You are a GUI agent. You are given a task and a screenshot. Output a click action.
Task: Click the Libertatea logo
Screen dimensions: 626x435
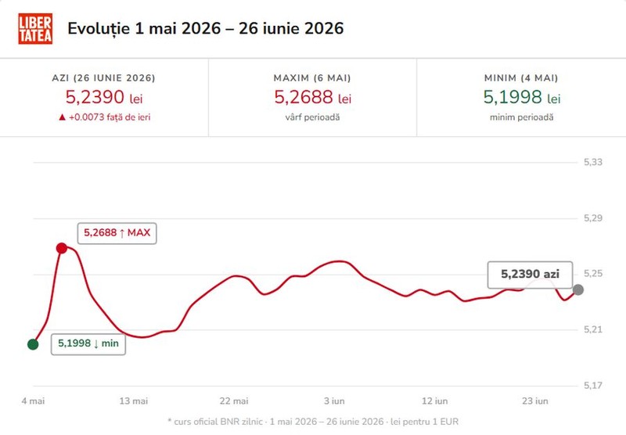point(35,29)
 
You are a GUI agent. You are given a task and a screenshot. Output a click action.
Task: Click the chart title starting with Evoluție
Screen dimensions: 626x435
point(206,28)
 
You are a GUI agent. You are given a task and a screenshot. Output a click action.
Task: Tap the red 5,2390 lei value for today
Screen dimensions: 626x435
point(104,97)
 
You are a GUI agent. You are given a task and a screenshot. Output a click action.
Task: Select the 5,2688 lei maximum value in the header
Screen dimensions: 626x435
point(312,97)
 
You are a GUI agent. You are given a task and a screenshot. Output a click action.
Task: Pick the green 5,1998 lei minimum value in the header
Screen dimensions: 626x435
point(521,97)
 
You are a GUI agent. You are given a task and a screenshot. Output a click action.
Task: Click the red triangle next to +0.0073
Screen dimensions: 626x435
point(62,117)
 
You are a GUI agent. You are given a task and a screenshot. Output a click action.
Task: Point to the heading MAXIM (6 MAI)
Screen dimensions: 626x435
point(312,77)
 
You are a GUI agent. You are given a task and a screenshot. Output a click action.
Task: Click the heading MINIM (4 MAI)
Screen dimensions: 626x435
point(521,77)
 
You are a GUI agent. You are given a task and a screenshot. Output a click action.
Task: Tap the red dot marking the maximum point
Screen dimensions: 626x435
point(62,248)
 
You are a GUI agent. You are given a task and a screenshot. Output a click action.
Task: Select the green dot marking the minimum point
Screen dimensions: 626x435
point(33,344)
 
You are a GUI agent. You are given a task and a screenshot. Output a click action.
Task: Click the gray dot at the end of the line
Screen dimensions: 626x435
point(578,289)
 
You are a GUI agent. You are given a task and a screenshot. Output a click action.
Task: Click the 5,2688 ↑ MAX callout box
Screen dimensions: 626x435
point(117,233)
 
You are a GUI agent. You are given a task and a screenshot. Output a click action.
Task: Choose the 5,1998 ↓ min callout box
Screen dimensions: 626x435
point(88,344)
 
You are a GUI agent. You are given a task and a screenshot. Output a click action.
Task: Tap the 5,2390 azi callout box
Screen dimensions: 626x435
point(531,275)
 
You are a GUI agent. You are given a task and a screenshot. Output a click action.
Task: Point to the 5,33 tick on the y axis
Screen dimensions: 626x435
point(593,162)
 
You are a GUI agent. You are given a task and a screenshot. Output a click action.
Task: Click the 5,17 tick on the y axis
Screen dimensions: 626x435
point(593,386)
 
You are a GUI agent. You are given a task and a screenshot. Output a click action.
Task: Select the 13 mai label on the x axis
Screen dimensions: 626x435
point(133,401)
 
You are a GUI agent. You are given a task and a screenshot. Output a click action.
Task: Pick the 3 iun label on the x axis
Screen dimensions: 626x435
point(334,401)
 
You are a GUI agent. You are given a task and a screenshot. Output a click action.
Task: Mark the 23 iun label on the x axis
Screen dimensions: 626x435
point(535,401)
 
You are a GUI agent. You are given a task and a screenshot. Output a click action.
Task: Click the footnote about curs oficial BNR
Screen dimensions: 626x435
point(313,422)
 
